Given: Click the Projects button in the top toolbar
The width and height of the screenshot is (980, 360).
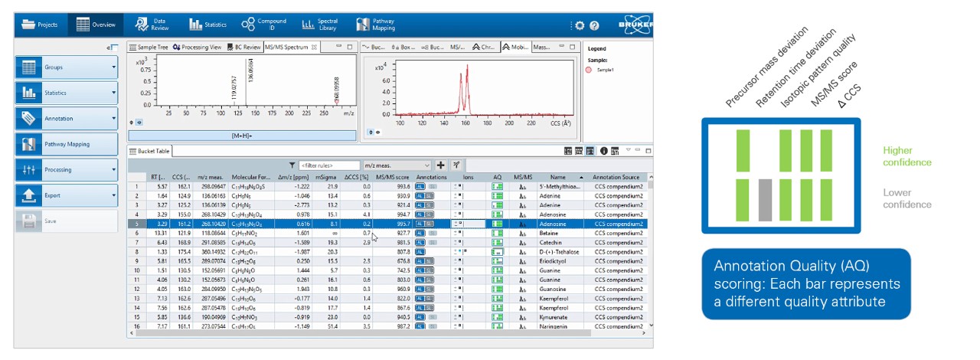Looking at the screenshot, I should click(41, 25).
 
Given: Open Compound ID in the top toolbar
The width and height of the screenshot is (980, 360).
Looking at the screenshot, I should click(263, 25).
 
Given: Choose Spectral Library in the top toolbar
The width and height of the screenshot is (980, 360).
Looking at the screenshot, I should click(320, 25).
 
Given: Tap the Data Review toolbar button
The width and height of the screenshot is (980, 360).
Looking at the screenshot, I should click(151, 25).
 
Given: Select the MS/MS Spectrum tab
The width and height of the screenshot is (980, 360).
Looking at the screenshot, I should click(286, 47).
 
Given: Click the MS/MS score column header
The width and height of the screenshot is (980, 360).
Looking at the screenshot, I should click(393, 176).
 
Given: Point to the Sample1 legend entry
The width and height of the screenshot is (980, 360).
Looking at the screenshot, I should click(605, 70).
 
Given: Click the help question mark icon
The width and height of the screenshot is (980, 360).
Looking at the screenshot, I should click(593, 25).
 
